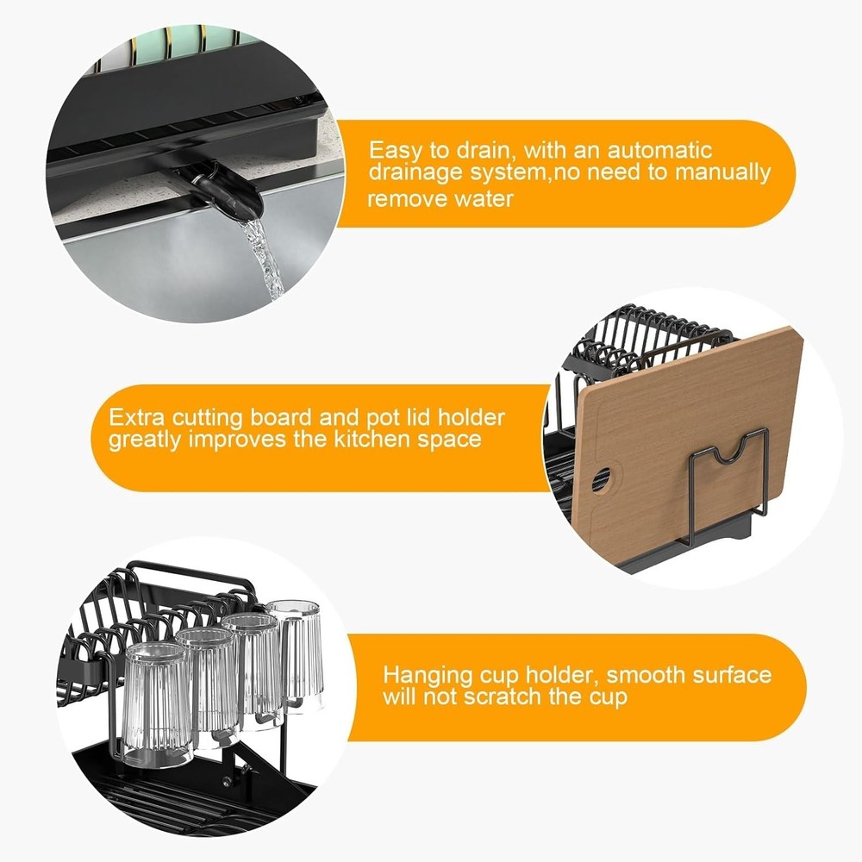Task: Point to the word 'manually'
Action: point(723,173)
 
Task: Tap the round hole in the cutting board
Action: point(601,476)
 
